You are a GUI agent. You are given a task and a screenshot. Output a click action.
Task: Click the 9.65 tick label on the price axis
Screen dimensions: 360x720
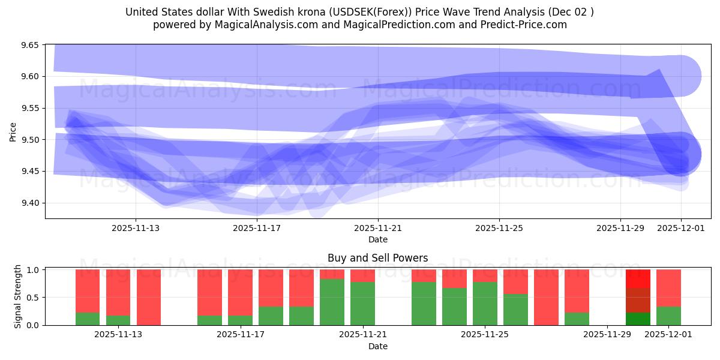click(x=29, y=45)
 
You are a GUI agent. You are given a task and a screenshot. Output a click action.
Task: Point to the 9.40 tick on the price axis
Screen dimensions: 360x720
click(x=29, y=203)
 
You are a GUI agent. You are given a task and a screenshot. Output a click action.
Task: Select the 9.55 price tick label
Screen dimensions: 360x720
click(x=29, y=108)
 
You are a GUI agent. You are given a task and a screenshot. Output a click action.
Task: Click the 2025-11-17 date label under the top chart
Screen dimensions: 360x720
click(x=257, y=228)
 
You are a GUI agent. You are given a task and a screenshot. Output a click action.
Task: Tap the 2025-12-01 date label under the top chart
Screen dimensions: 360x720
click(x=681, y=228)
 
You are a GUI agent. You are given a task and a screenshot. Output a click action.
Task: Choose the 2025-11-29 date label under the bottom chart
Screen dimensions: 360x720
click(x=607, y=334)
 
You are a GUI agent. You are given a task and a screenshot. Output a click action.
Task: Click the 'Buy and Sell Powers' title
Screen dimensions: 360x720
click(x=377, y=258)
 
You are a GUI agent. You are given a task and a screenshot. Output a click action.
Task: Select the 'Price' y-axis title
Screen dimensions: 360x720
click(x=13, y=131)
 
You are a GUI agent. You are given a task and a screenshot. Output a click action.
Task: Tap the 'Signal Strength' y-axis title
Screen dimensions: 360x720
click(x=18, y=296)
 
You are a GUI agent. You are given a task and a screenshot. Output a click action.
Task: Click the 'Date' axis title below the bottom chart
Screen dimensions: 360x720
click(x=377, y=346)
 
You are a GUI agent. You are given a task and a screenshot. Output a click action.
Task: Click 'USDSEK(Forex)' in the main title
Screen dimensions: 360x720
click(x=358, y=12)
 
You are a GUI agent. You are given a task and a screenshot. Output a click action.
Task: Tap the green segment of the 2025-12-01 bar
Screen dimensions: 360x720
click(x=668, y=316)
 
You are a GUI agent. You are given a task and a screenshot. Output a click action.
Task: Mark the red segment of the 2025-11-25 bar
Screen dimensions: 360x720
click(x=485, y=275)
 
